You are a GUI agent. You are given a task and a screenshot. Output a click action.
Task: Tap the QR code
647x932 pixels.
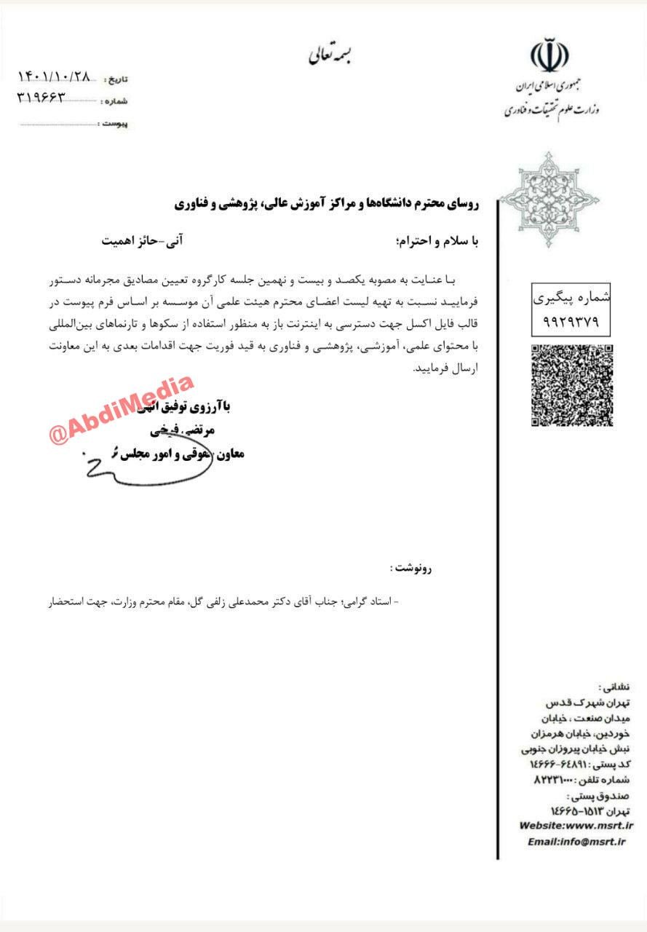coord(571,385)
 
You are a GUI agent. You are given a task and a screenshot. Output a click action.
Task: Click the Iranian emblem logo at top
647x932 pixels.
coord(550,58)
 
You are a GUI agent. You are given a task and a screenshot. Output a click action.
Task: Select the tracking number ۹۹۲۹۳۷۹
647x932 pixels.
coord(571,321)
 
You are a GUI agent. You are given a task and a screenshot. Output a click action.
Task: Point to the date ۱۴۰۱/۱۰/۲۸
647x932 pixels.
coord(54,76)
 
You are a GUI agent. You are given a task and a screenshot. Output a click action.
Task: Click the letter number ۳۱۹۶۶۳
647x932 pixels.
coord(41,96)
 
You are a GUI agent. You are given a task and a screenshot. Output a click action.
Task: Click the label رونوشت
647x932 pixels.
coord(410,569)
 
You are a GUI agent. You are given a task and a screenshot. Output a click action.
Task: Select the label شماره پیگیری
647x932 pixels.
coord(571,299)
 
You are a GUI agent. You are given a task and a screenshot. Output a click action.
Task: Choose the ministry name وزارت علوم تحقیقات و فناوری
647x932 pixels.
coord(551,109)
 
